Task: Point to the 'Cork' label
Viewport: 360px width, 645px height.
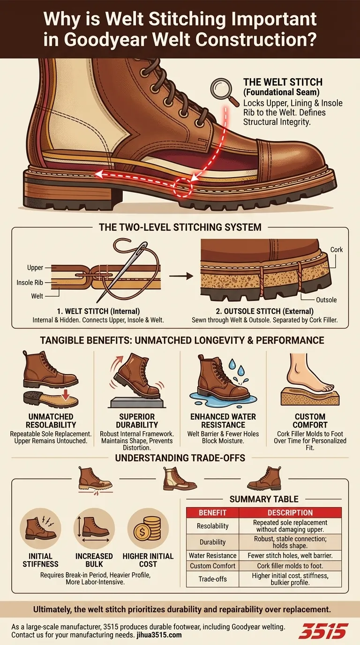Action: [337, 250]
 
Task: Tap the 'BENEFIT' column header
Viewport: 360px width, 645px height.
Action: [213, 512]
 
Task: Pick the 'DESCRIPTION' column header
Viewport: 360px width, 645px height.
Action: [290, 512]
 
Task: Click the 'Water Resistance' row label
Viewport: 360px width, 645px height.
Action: [213, 555]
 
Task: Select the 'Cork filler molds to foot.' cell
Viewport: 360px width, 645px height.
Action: [290, 566]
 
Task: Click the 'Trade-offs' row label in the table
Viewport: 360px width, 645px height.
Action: [213, 578]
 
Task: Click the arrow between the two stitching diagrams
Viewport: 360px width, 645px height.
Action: [180, 276]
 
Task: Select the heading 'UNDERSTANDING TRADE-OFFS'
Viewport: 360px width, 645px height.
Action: [180, 457]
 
